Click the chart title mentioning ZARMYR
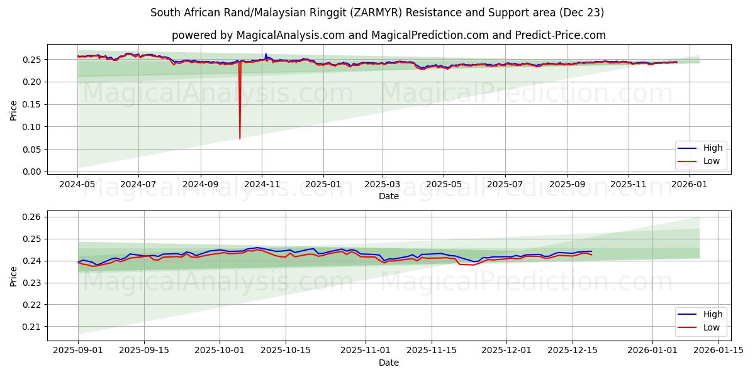tap(377, 13)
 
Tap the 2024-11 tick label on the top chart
tap(262, 184)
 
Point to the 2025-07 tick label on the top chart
tap(505, 184)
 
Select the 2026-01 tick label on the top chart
tap(690, 184)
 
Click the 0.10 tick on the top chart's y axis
tap(31, 127)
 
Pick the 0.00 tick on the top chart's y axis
tap(31, 172)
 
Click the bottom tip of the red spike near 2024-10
tap(240, 138)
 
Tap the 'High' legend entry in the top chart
tap(712, 148)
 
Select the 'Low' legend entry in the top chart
tap(712, 161)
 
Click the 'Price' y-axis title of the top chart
tap(13, 111)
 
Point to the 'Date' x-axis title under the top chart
tap(388, 196)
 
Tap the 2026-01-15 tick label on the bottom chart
tap(719, 351)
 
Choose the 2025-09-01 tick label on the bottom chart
tap(78, 351)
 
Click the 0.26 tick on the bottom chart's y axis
tap(31, 217)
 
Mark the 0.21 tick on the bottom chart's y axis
tap(31, 327)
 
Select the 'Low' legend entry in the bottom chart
tap(712, 327)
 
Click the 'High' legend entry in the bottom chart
tap(712, 314)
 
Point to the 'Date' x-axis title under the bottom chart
tap(388, 363)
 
